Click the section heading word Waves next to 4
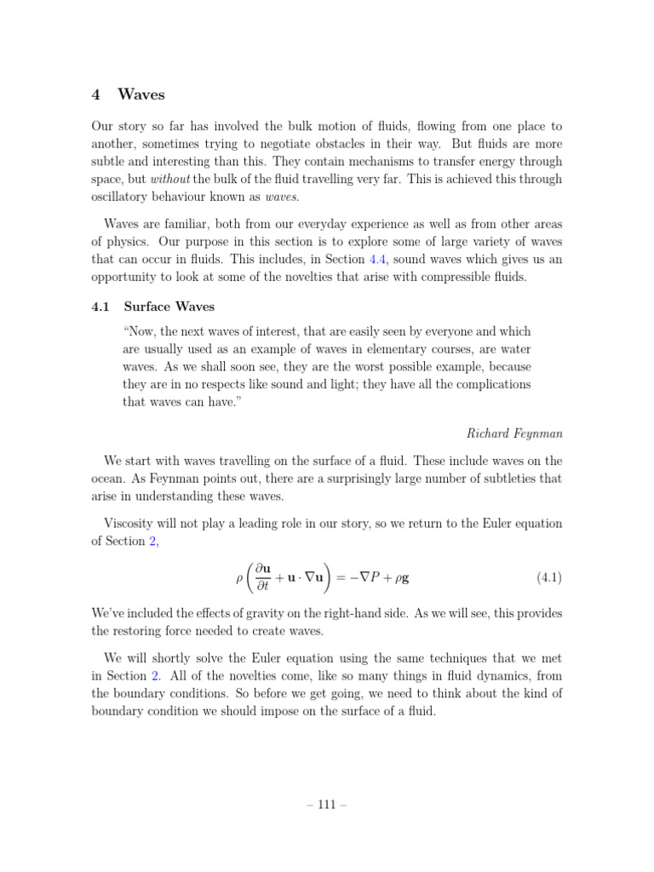[141, 95]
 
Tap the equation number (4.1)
[548, 578]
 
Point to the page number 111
[326, 805]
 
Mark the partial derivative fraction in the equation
[262, 578]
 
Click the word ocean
[111, 479]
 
